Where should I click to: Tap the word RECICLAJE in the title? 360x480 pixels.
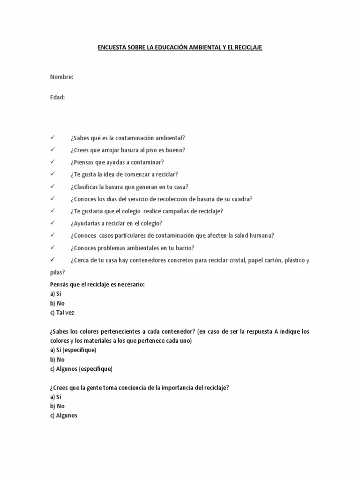click(x=247, y=48)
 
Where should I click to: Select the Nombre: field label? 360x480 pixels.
click(x=61, y=77)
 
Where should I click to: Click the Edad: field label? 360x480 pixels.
click(x=57, y=97)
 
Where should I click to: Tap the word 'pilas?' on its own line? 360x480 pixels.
click(x=58, y=272)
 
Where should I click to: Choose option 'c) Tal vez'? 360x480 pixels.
click(x=62, y=312)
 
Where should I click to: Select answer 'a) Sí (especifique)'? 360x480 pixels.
click(x=73, y=350)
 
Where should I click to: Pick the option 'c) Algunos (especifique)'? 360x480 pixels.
click(x=81, y=368)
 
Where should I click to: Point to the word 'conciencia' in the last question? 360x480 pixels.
click(x=127, y=387)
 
